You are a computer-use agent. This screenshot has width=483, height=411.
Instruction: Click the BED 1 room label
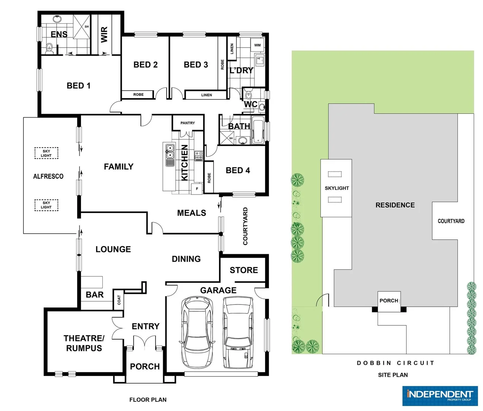(x=78, y=86)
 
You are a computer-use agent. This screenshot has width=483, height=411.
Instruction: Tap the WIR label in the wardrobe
(x=104, y=34)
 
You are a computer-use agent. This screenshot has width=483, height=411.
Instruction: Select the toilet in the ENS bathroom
(x=49, y=48)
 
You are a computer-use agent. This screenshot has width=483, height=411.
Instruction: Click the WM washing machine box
(x=257, y=45)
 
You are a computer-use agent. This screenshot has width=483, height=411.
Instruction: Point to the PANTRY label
(x=187, y=123)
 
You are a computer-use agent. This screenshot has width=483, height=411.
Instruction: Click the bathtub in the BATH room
(x=258, y=131)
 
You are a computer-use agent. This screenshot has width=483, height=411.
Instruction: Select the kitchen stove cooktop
(x=199, y=156)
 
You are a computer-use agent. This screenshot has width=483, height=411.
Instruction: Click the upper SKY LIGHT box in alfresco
(x=46, y=153)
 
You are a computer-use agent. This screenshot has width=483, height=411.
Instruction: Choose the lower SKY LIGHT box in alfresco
(x=46, y=205)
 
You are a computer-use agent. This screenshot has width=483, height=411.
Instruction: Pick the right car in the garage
(x=238, y=332)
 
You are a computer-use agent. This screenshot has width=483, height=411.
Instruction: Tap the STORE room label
(x=244, y=270)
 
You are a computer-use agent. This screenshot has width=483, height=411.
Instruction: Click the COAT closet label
(x=119, y=300)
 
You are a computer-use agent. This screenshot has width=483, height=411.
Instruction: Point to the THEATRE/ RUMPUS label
(x=84, y=343)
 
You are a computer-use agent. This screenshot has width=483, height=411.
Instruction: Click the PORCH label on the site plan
(x=389, y=301)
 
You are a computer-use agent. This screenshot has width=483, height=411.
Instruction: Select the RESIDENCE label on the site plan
(x=395, y=205)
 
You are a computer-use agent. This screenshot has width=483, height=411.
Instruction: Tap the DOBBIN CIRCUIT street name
(x=396, y=363)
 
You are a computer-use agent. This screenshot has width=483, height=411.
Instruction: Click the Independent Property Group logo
(x=439, y=396)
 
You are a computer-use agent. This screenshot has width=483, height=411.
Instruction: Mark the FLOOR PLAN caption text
(x=148, y=400)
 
